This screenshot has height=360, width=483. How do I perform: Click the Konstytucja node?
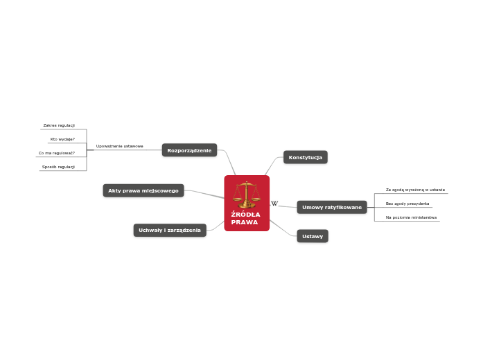305,157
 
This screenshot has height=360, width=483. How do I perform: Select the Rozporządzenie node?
189,150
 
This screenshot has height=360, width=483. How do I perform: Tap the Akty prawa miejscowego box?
143,190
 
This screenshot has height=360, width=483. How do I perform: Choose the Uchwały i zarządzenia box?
170,230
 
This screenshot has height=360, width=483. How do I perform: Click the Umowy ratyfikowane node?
332,207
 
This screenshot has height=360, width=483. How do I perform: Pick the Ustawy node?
313,236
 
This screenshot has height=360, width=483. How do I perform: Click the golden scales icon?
247,194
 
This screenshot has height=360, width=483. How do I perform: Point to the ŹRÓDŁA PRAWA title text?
245,218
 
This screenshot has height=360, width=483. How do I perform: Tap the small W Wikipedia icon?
274,204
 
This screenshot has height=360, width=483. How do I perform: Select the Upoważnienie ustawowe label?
120,146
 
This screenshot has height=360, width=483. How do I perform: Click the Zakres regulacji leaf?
59,125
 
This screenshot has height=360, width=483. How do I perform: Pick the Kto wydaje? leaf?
62,139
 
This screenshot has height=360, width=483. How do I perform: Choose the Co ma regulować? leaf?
57,153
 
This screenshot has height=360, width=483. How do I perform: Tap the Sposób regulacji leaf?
58,167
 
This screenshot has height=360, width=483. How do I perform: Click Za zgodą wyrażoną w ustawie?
415,189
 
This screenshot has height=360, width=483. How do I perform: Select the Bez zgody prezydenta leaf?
407,204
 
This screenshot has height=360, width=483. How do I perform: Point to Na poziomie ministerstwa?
411,217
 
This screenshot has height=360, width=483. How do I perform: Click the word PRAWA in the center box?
245,222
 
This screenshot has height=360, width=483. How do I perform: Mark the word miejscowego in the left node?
161,190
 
